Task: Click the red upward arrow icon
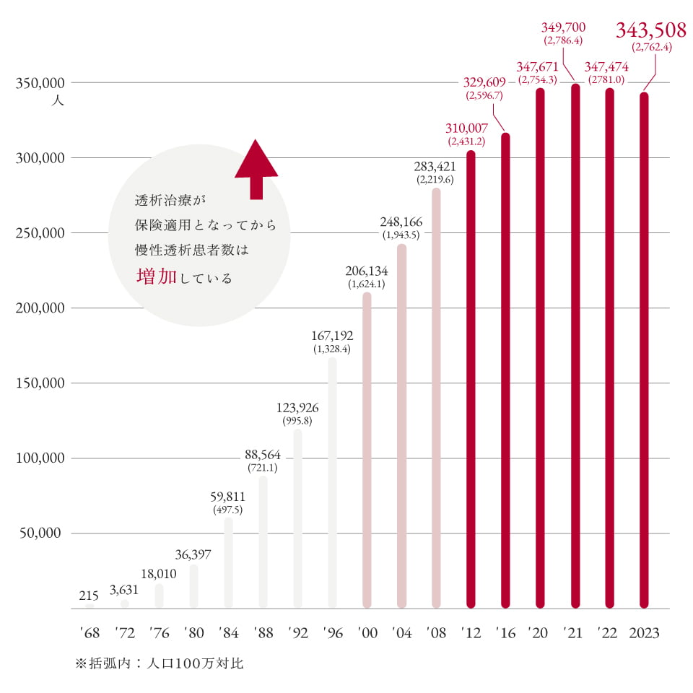256,169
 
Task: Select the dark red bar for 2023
644,350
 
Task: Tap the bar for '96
332,482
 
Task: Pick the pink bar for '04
401,426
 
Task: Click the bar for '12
471,379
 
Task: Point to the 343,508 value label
650,30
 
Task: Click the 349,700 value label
563,28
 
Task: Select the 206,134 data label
367,271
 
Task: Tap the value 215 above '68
89,596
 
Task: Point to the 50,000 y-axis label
43,533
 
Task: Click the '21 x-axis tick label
575,633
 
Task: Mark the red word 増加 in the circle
156,276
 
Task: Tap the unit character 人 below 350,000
58,100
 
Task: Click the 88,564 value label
263,455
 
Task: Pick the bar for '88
263,541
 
